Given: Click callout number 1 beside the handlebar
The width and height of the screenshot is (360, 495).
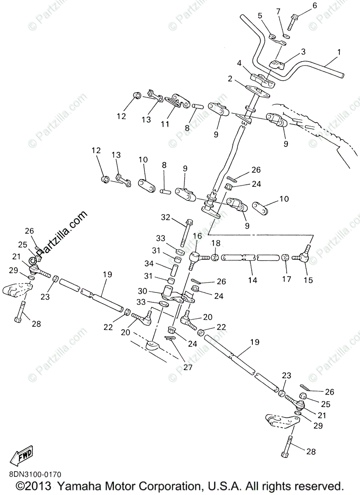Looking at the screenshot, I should pos(339,52).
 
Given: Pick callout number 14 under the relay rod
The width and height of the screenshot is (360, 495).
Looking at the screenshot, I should pos(252,280).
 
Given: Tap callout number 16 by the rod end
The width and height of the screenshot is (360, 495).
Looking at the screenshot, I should pos(197,236).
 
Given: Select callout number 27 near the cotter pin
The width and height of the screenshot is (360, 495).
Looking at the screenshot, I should pos(188,367).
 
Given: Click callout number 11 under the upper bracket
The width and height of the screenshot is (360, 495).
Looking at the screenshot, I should pos(165,124).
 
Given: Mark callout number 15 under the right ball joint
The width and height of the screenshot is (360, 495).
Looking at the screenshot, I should pos(308,280).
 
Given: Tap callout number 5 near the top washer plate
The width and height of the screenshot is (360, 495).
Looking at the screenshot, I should pos(260,16).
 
